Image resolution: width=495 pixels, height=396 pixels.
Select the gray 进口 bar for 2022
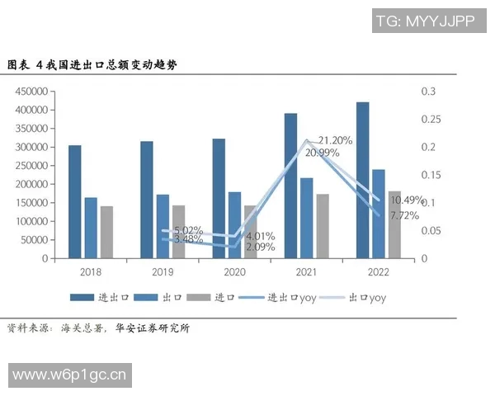point(394,224)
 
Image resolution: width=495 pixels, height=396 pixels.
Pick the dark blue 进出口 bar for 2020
point(219,198)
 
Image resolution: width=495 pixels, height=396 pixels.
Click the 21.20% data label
point(336,140)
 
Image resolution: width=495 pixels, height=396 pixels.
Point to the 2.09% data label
point(260,247)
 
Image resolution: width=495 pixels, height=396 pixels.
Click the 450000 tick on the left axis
point(31,92)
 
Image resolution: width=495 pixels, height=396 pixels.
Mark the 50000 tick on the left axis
point(33,240)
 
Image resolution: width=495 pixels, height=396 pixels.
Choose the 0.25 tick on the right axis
point(427,120)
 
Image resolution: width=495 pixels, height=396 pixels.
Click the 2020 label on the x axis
point(235,271)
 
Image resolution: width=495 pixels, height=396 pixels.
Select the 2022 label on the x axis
point(378,271)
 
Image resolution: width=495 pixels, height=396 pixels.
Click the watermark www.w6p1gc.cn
point(71,376)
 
